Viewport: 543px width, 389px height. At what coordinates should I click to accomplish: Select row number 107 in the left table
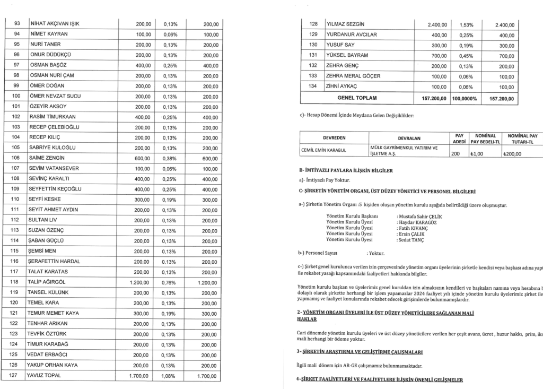click(16, 168)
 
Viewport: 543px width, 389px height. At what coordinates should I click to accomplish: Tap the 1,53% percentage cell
click(466, 24)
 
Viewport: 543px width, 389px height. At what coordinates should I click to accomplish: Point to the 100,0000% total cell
click(467, 98)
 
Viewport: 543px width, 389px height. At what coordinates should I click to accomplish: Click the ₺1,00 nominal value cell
click(479, 154)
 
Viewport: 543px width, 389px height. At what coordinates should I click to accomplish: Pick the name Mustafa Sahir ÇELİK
click(419, 217)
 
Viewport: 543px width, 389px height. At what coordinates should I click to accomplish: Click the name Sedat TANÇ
click(411, 240)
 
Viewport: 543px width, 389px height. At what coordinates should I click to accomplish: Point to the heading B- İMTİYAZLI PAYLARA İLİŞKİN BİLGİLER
click(346, 170)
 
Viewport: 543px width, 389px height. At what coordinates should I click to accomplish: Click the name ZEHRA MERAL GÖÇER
click(353, 76)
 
